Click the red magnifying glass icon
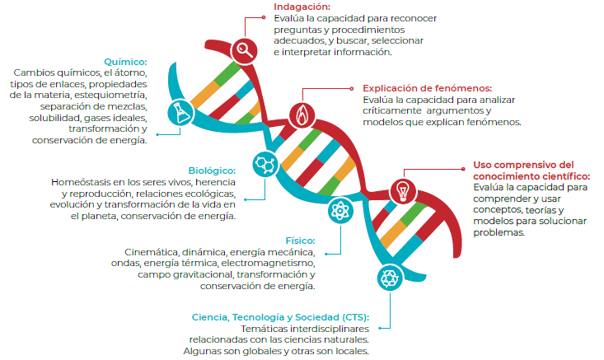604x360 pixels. pyautogui.click(x=244, y=50)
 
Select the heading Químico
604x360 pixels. pyautogui.click(x=125, y=62)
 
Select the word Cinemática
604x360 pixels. pyautogui.click(x=152, y=252)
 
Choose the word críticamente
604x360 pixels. pyautogui.click(x=396, y=110)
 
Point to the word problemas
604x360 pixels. pyautogui.click(x=498, y=232)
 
